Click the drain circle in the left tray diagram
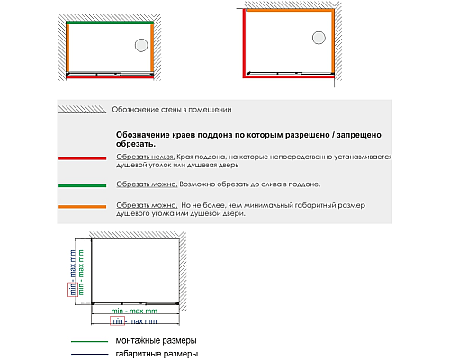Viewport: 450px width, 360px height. tap(140, 47)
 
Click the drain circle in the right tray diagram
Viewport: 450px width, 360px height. tap(319, 37)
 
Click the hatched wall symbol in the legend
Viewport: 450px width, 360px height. tap(81, 110)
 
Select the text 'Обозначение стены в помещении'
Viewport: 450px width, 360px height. tap(171, 110)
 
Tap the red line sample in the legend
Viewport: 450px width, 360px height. tap(81, 159)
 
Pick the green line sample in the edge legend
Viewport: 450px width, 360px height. tap(81, 185)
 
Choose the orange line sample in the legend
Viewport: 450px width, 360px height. tap(81, 208)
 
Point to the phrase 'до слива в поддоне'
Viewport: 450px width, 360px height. tap(283, 184)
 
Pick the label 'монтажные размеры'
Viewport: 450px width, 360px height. tap(156, 341)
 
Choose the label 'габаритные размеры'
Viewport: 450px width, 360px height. tap(156, 355)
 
